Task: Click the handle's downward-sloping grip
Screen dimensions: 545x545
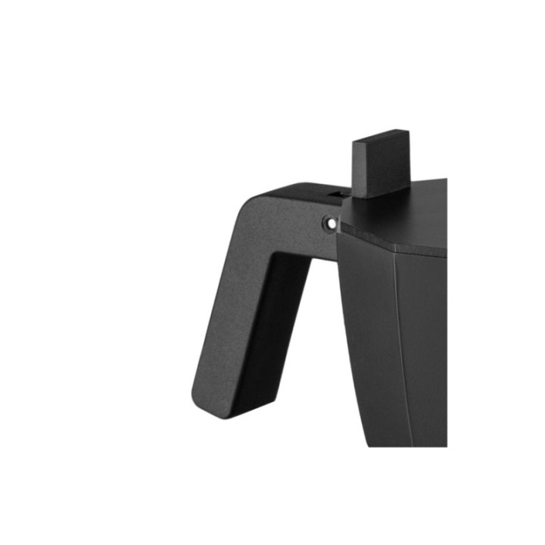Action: [x=235, y=325]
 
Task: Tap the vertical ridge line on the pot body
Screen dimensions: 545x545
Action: [x=395, y=341]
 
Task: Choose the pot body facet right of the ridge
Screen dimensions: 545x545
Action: [x=424, y=341]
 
